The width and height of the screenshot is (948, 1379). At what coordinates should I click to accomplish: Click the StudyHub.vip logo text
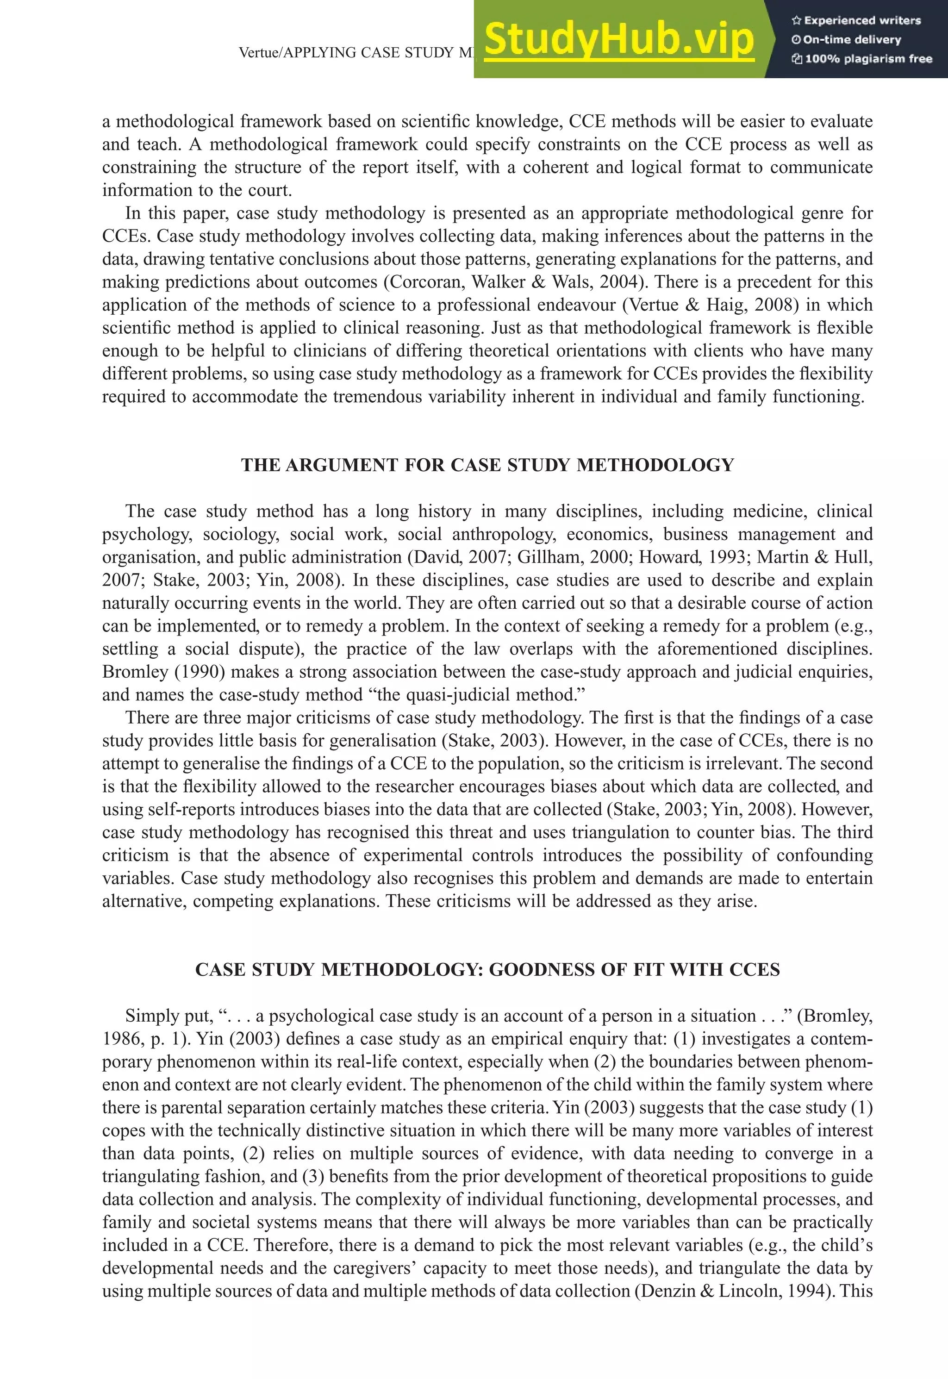619,40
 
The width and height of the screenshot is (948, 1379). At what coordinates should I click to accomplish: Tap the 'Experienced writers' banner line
856,20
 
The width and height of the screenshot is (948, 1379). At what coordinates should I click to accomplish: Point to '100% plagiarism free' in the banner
862,59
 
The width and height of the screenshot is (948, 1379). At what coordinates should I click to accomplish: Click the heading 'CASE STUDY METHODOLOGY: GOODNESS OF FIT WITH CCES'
487,969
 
